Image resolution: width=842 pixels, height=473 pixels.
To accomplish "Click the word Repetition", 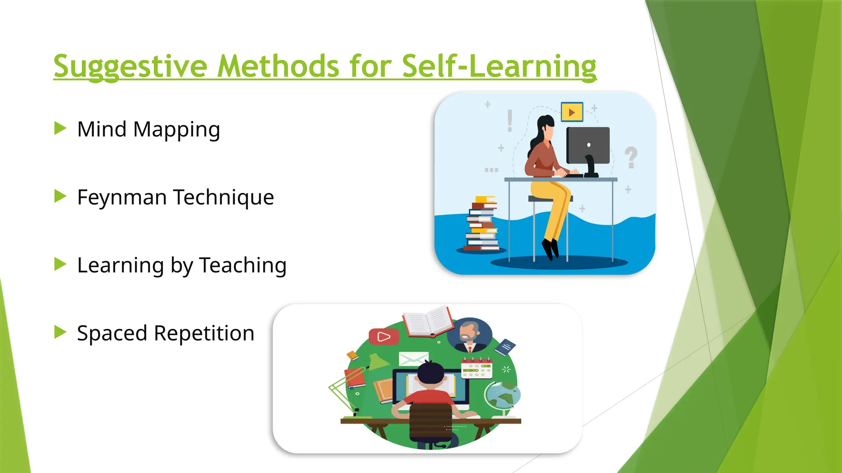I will [x=204, y=333].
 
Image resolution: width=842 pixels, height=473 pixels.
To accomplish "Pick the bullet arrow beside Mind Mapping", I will [x=60, y=129].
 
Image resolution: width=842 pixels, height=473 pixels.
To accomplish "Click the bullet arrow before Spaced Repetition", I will [x=60, y=332].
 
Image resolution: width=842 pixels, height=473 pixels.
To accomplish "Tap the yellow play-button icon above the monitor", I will [x=572, y=112].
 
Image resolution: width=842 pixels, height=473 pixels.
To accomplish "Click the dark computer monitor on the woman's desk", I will [x=588, y=146].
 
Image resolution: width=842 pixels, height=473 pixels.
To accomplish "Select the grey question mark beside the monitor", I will [x=631, y=157].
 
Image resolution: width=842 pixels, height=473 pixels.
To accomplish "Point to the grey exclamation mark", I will [x=510, y=121].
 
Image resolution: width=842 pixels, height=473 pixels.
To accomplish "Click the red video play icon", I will [x=384, y=337].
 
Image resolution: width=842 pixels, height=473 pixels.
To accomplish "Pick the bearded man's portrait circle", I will [x=469, y=335].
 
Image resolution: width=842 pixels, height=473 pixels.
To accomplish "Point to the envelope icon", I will [x=413, y=359].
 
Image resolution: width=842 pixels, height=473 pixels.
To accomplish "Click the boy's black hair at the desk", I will [x=431, y=373].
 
